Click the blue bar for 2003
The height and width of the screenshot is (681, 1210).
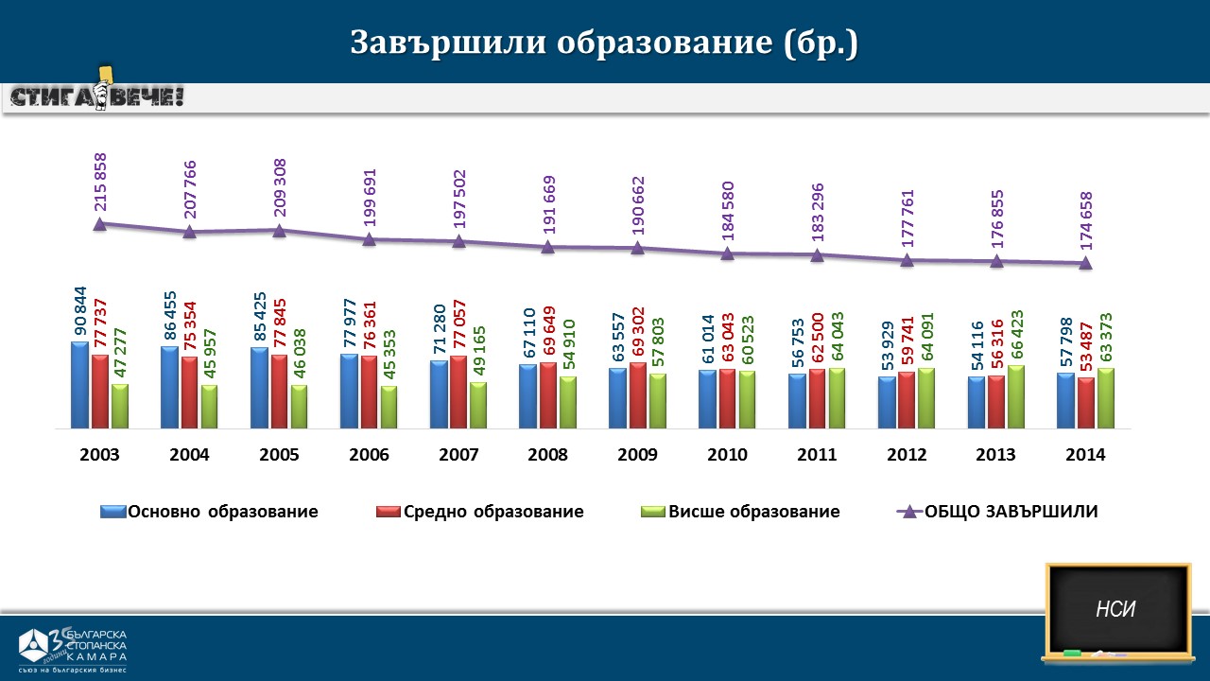point(79,385)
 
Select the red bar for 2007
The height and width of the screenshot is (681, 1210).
point(458,392)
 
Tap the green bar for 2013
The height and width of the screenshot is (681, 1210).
point(1016,396)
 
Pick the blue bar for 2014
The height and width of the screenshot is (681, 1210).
point(1065,400)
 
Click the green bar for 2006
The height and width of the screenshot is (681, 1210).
point(389,407)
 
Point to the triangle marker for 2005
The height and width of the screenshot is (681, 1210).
point(279,230)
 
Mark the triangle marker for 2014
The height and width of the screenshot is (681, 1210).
point(1086,263)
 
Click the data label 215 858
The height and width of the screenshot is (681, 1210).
point(100,182)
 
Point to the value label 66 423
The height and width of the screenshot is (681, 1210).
point(1017,332)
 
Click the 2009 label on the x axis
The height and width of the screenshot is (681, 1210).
point(637,455)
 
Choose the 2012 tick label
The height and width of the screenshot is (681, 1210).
point(907,455)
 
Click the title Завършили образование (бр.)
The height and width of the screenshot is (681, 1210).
point(604,43)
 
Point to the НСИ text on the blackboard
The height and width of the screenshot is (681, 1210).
point(1115,609)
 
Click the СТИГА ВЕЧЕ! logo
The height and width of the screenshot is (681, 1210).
point(97,96)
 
